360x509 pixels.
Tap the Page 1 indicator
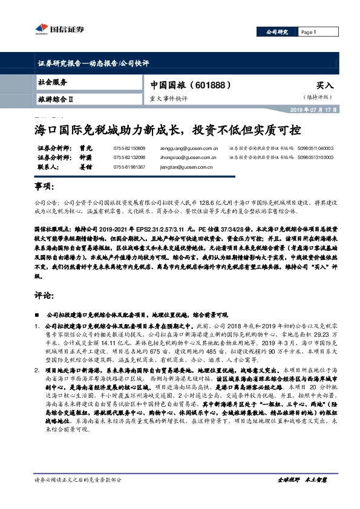tap(309, 32)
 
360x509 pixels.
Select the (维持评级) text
tap(319, 97)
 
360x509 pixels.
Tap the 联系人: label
tap(49, 166)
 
